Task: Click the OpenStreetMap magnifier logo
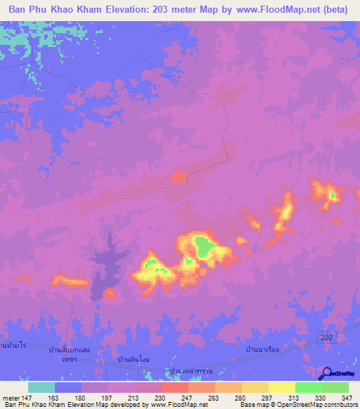coord(326,373)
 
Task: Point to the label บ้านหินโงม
coord(135,359)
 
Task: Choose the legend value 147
coord(26,398)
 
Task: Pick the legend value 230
coord(160,398)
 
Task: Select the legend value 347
coord(347,398)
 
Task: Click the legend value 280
coord(240,398)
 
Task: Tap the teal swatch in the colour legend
coord(41,387)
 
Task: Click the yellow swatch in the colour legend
coord(281,387)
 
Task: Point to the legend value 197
coord(107,398)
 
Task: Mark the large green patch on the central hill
coord(203,246)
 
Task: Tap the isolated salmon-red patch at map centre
coord(180,177)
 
